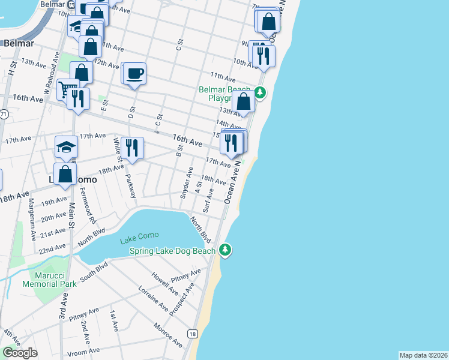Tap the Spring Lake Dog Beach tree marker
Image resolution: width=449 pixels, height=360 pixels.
pyautogui.click(x=225, y=250)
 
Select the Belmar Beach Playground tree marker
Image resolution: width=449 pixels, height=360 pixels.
pyautogui.click(x=259, y=92)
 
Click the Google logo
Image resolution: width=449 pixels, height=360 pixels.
pyautogui.click(x=20, y=353)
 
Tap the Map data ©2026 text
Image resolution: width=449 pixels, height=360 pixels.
pyautogui.click(x=423, y=355)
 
